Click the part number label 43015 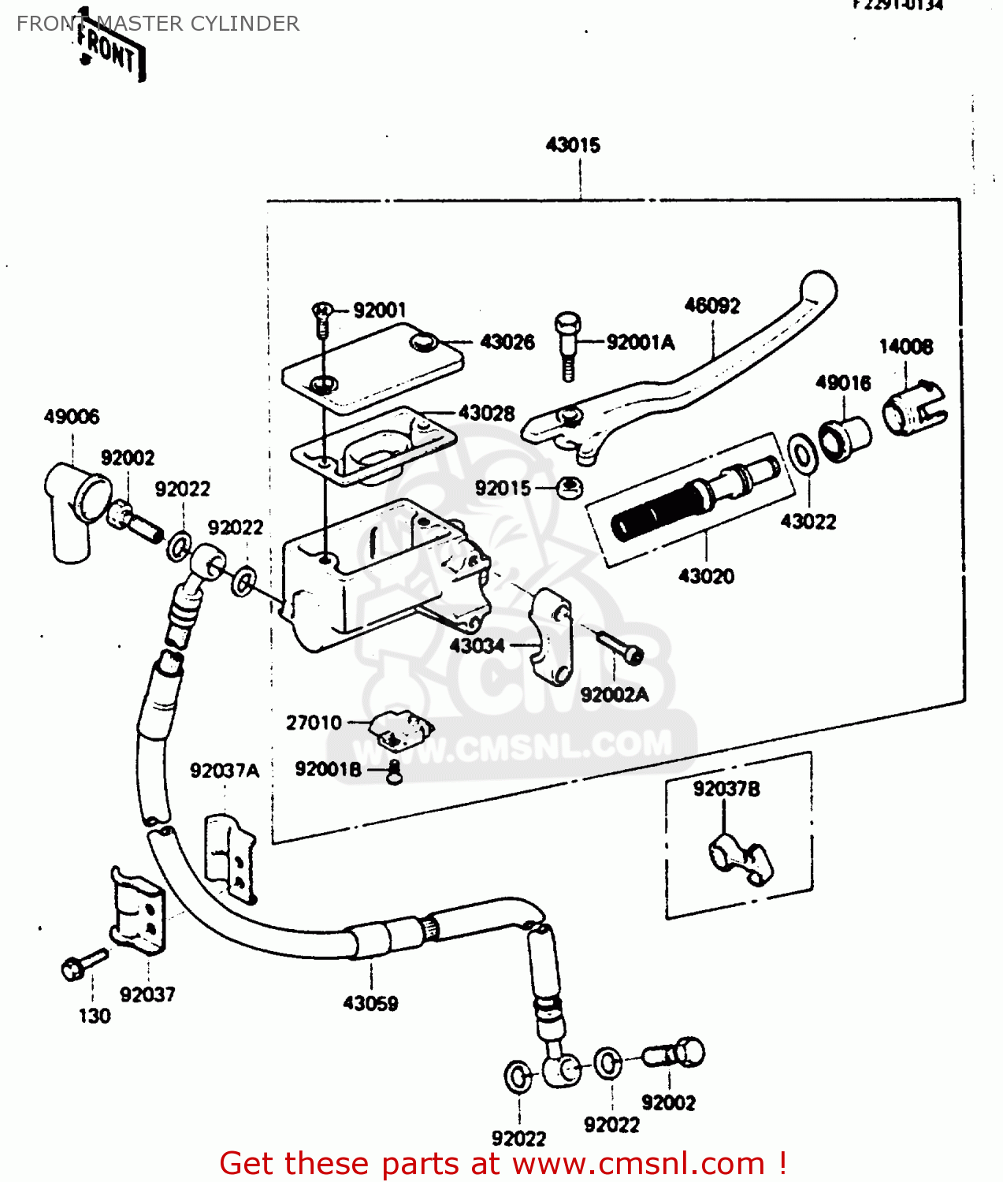click(573, 145)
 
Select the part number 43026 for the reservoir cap click(507, 342)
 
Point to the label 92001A click(640, 342)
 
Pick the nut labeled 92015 click(570, 489)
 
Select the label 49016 click(843, 383)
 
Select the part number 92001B click(328, 769)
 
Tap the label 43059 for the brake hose click(370, 1003)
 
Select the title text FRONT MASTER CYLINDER click(158, 24)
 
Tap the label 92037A click(224, 771)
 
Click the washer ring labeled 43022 click(803, 455)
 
